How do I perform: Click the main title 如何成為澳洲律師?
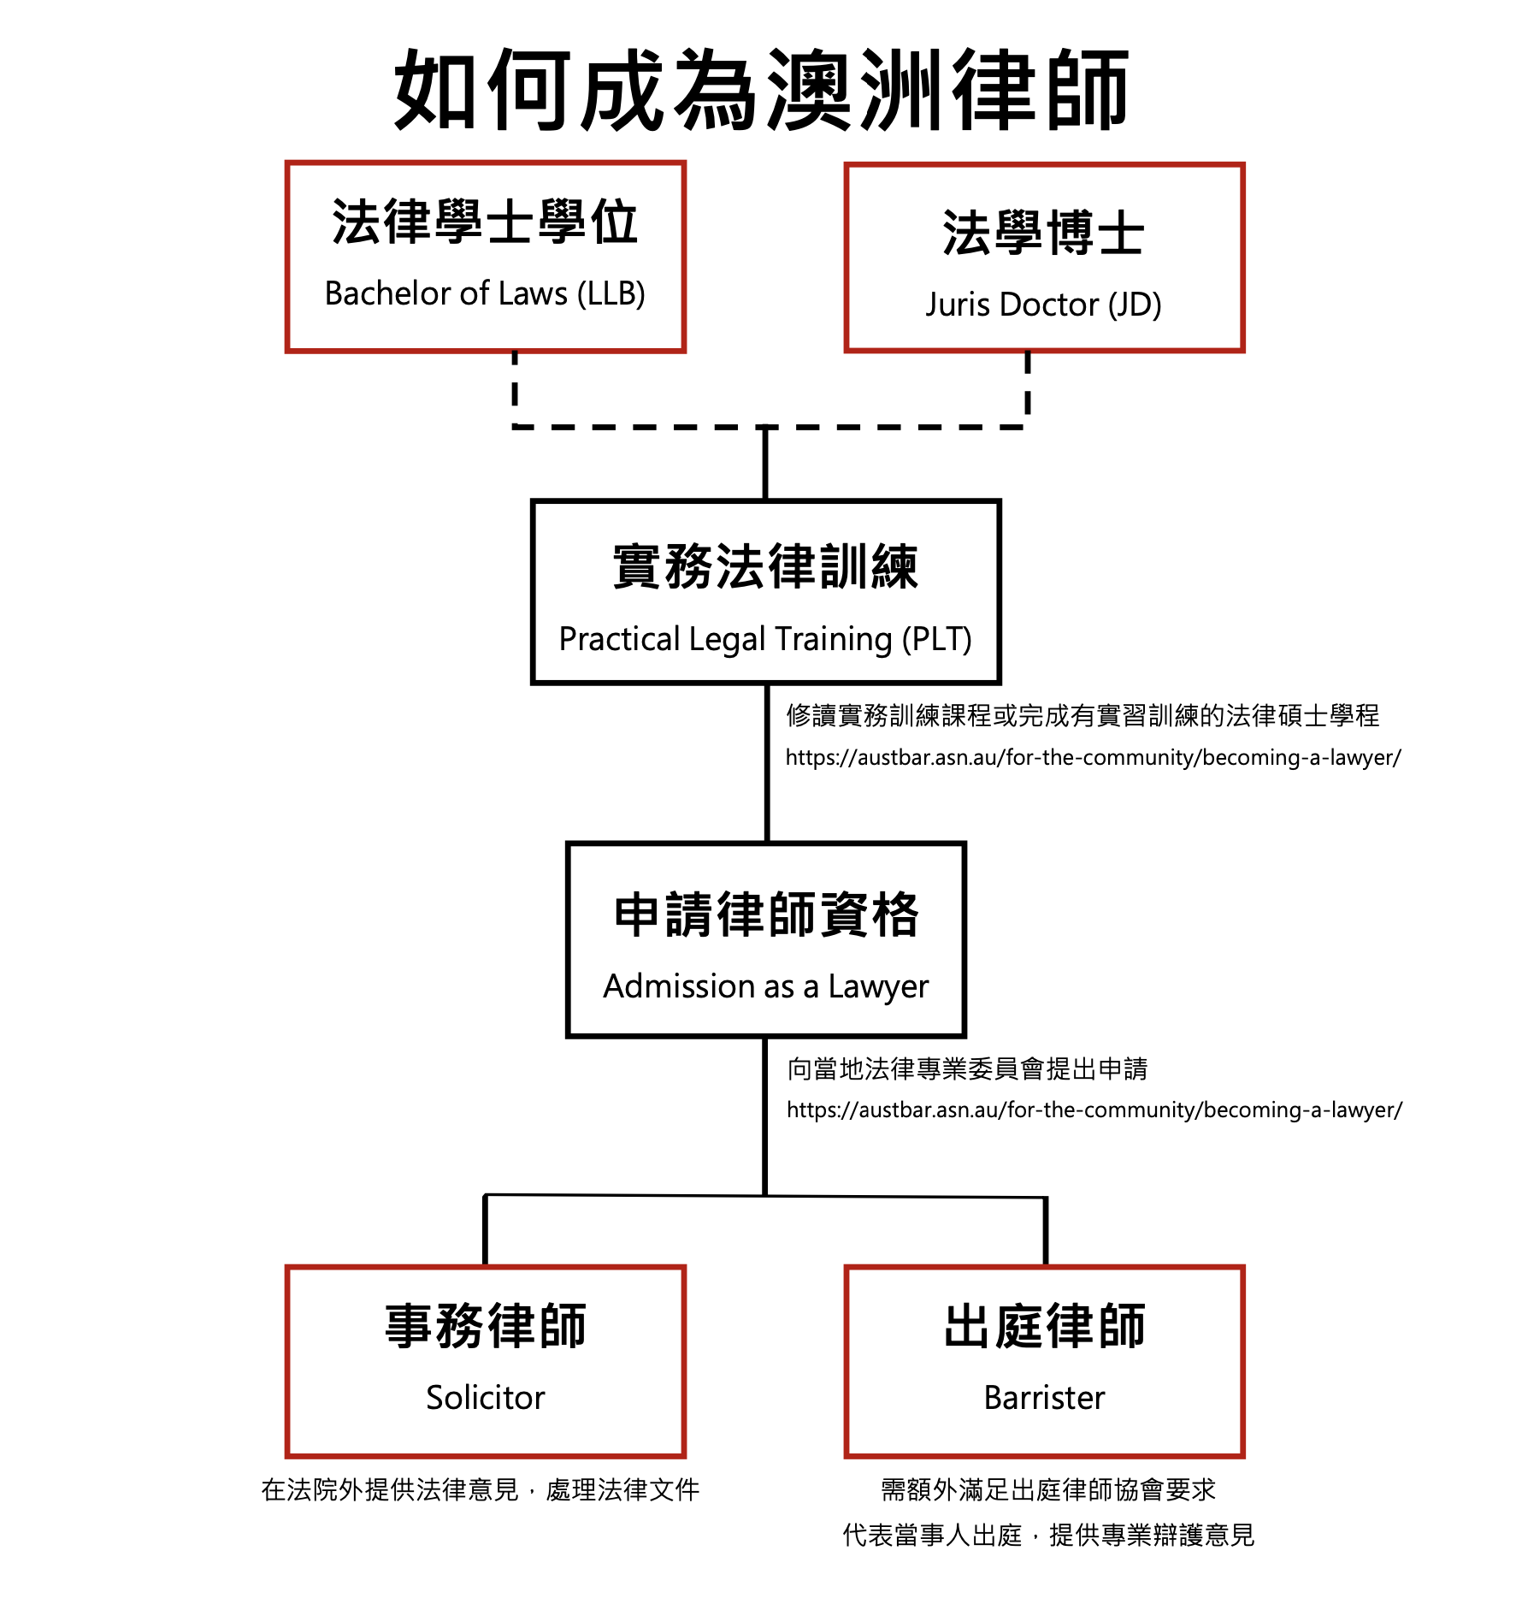tap(761, 90)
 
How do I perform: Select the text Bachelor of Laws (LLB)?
tap(485, 293)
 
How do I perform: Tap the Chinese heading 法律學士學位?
tap(485, 222)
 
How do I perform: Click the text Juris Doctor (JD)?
tap(1043, 305)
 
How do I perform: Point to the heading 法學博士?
tap(1043, 233)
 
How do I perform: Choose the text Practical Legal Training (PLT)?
tap(765, 639)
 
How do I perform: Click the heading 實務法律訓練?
tap(765, 566)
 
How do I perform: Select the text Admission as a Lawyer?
tap(765, 987)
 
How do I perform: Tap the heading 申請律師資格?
tap(766, 914)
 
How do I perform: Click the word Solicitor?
tap(485, 1397)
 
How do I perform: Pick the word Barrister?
tap(1044, 1397)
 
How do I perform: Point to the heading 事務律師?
tap(485, 1326)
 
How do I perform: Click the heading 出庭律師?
tap(1044, 1326)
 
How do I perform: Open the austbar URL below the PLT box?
tap(1094, 757)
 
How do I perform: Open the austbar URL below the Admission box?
tap(1094, 1110)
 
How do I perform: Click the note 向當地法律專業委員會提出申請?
tap(967, 1068)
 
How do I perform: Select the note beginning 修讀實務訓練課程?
tap(1083, 715)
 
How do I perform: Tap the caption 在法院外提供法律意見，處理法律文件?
tap(481, 1489)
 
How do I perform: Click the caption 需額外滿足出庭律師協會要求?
tap(1048, 1489)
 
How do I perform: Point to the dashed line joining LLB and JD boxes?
tap(770, 426)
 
